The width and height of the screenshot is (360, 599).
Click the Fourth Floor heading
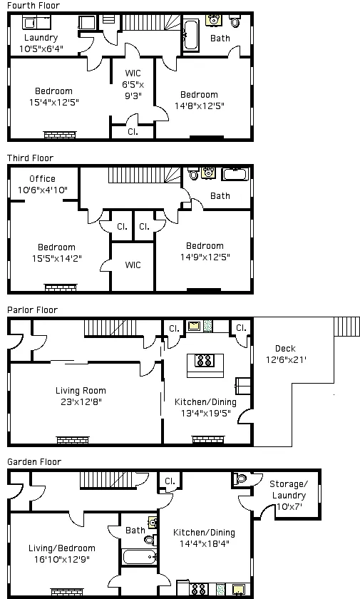click(33, 6)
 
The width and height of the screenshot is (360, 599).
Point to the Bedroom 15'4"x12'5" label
click(54, 96)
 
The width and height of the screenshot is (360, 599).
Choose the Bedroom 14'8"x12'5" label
click(198, 100)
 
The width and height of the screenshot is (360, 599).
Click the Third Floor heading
click(30, 158)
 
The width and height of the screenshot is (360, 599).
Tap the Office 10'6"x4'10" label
click(42, 184)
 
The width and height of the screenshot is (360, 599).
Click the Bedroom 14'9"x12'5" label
click(205, 251)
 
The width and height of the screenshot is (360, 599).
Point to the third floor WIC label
click(133, 265)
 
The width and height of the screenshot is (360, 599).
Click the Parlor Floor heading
click(32, 310)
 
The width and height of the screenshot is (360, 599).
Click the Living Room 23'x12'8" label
click(81, 396)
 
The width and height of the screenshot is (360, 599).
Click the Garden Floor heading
click(34, 462)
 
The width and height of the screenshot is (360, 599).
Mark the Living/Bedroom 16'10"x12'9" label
click(61, 553)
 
